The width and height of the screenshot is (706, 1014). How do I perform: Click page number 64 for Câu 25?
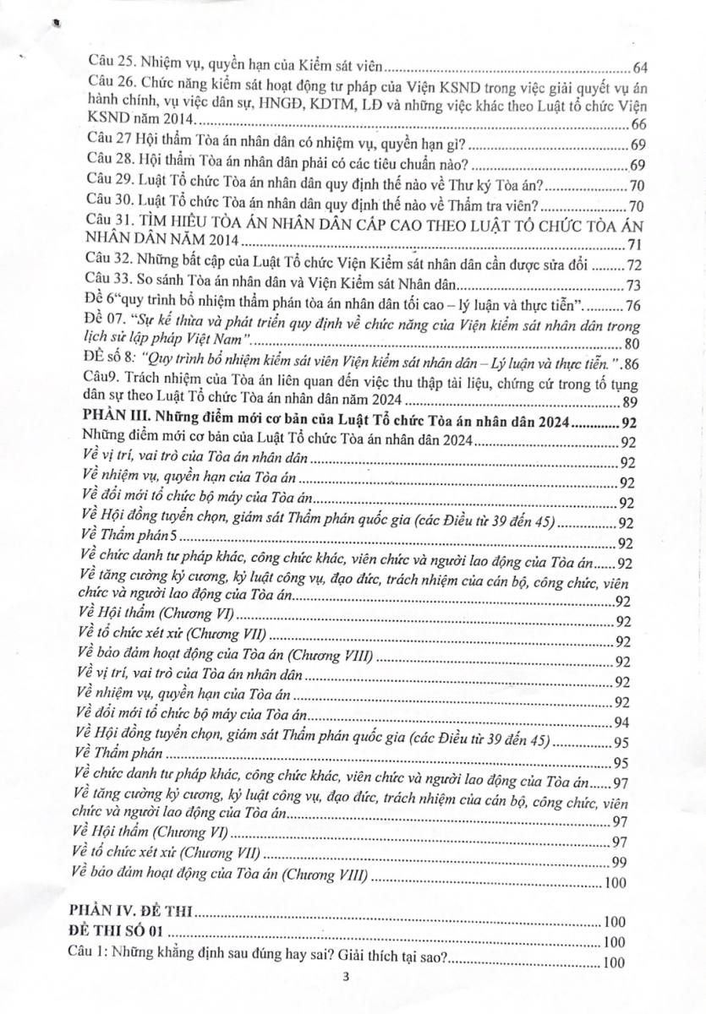[x=639, y=68]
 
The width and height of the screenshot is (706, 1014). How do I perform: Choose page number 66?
[x=639, y=125]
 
